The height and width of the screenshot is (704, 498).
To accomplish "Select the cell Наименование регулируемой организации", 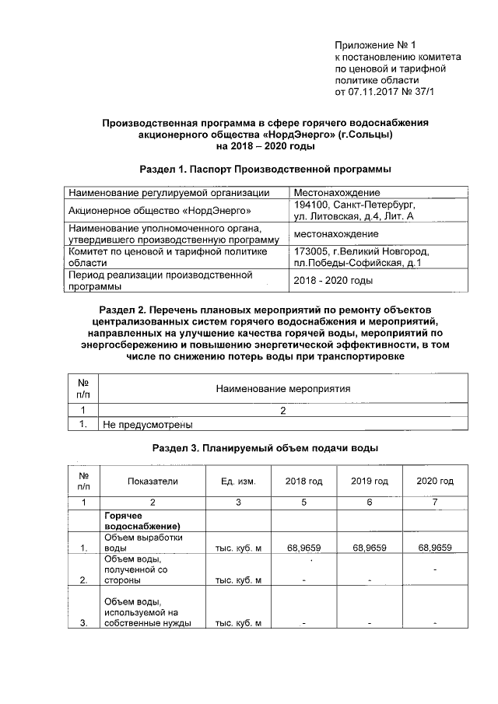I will (169, 192).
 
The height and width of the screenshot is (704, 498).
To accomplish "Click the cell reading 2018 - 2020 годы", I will (333, 280).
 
